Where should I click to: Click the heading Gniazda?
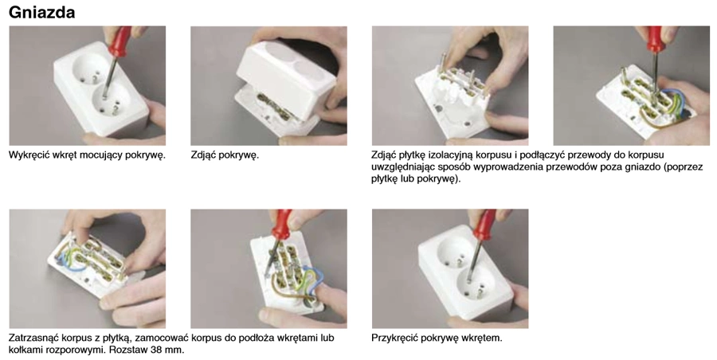[41, 13]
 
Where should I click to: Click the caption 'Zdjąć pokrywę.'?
[225, 155]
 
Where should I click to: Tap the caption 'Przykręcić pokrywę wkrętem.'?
[437, 338]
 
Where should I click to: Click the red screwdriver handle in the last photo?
[484, 224]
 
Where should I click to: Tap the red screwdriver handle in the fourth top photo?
[654, 39]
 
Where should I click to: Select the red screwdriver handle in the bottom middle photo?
[280, 225]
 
